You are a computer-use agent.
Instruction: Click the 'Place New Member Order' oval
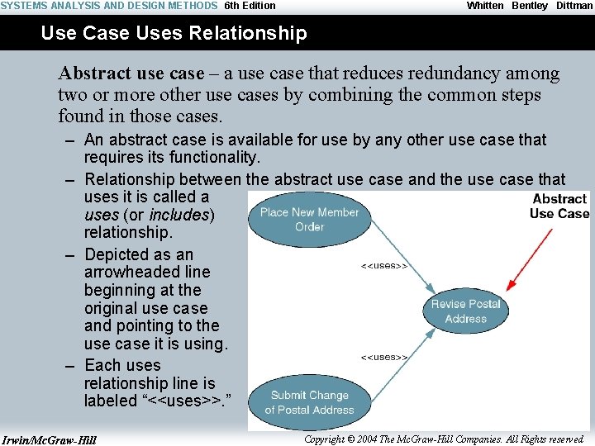[x=309, y=219]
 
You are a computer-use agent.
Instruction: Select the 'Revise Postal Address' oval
[x=465, y=311]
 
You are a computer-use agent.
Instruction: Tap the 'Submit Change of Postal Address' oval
[x=309, y=402]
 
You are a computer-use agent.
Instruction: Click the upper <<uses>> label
[x=384, y=266]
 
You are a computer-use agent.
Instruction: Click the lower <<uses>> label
[x=384, y=357]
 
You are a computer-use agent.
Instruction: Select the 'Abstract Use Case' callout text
[x=559, y=206]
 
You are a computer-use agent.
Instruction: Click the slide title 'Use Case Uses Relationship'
[x=174, y=34]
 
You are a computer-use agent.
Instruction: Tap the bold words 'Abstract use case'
[x=131, y=74]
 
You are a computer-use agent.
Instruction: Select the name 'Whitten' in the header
[x=485, y=6]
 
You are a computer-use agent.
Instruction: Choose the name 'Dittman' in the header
[x=574, y=6]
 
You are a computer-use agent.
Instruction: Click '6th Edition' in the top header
[x=250, y=6]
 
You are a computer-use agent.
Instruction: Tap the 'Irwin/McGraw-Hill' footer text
[x=50, y=439]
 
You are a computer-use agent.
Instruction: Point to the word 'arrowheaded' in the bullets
[x=147, y=272]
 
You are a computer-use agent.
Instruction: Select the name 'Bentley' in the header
[x=530, y=6]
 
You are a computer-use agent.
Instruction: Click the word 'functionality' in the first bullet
[x=212, y=157]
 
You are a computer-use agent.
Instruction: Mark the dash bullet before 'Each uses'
[x=70, y=366]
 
